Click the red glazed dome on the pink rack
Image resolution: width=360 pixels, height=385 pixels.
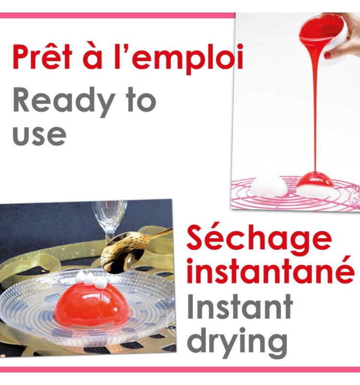[x=315, y=182]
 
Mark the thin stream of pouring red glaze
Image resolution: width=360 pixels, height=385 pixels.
[x=316, y=111]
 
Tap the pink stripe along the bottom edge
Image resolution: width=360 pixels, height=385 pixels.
[x=180, y=370]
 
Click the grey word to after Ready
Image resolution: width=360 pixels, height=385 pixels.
[x=140, y=101]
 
